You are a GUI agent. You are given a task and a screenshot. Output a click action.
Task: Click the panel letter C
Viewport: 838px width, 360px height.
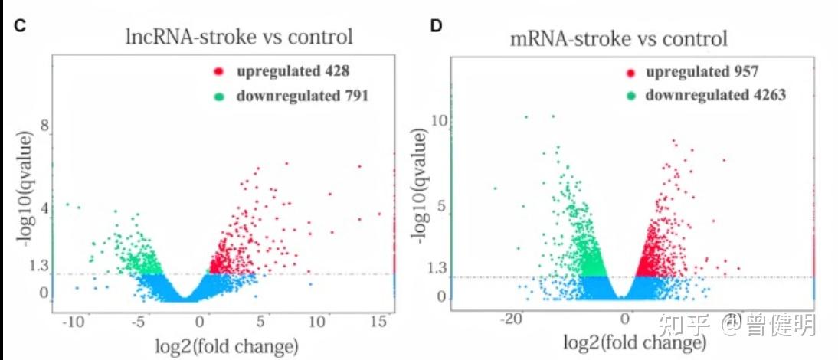[x=21, y=25]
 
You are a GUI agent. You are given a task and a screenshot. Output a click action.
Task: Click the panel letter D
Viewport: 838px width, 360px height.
[x=436, y=25]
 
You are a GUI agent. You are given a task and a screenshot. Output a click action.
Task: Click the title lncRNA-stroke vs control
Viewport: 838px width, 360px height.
[x=240, y=36]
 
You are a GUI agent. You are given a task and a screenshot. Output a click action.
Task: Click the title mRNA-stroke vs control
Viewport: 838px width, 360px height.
[x=618, y=38]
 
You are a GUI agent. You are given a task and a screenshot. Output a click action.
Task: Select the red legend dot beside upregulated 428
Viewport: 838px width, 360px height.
[x=219, y=72]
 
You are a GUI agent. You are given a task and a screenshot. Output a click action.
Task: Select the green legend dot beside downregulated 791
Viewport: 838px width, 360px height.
[x=219, y=97]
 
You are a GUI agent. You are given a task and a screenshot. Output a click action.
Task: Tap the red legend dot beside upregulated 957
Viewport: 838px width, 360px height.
[x=631, y=73]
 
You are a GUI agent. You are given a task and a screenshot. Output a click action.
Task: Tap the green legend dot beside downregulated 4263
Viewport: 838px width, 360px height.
[x=631, y=96]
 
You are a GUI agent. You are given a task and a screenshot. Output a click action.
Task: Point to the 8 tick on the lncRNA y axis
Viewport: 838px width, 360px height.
[x=44, y=126]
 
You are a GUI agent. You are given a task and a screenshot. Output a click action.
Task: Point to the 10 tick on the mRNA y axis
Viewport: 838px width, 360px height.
[x=438, y=120]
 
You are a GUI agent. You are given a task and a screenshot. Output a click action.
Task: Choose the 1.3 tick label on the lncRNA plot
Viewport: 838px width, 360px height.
[x=38, y=266]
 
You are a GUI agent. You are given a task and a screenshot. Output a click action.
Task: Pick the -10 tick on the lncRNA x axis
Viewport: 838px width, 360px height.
[x=74, y=322]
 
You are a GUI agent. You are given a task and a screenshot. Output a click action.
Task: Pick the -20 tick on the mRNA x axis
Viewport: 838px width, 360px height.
[x=514, y=318]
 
